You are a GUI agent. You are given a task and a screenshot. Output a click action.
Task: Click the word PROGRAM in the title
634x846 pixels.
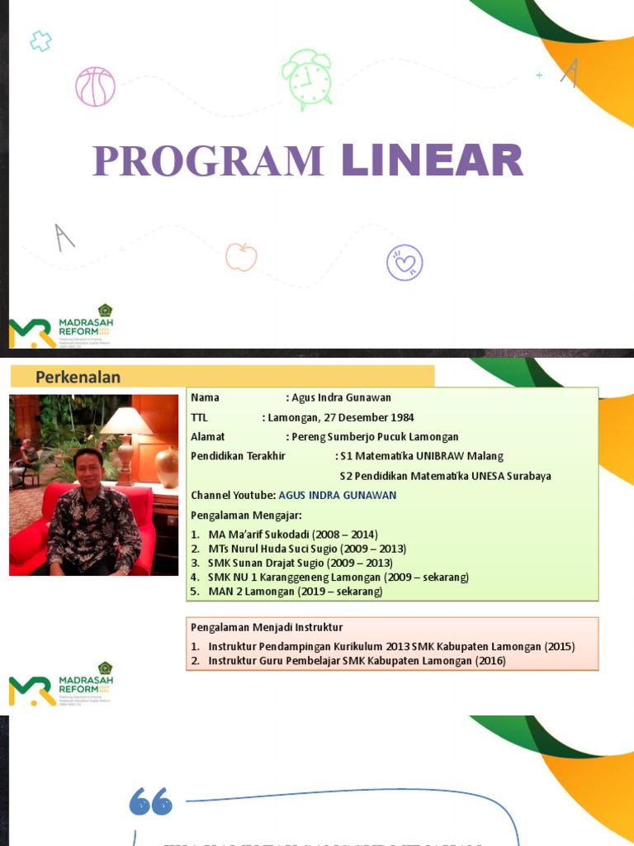point(207,160)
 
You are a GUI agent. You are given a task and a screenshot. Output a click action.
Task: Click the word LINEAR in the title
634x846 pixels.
point(433,160)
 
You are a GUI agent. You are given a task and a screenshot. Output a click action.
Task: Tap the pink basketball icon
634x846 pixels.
point(95,87)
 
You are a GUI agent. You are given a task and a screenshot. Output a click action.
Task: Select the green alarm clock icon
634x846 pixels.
point(308,78)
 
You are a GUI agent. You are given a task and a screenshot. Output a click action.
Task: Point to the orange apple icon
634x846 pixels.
point(241,257)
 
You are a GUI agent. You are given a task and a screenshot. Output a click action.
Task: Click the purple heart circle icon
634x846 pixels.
point(405,263)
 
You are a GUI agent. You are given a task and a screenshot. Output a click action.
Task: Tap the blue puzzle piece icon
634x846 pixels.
point(40,40)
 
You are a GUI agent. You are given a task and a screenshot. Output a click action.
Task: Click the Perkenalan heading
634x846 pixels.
point(78,378)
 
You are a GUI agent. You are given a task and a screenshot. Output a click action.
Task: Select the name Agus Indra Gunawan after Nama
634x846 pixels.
point(341,397)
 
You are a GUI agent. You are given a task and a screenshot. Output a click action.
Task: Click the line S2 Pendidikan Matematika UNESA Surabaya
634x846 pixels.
point(445,476)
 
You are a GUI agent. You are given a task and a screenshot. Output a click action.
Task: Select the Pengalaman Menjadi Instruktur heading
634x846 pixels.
point(266,627)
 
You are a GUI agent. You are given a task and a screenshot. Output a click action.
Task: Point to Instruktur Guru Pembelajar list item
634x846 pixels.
point(357,661)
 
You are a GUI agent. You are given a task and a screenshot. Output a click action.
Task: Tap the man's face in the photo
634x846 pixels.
point(88,469)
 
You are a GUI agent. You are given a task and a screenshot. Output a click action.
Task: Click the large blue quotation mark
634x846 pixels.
point(151,801)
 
